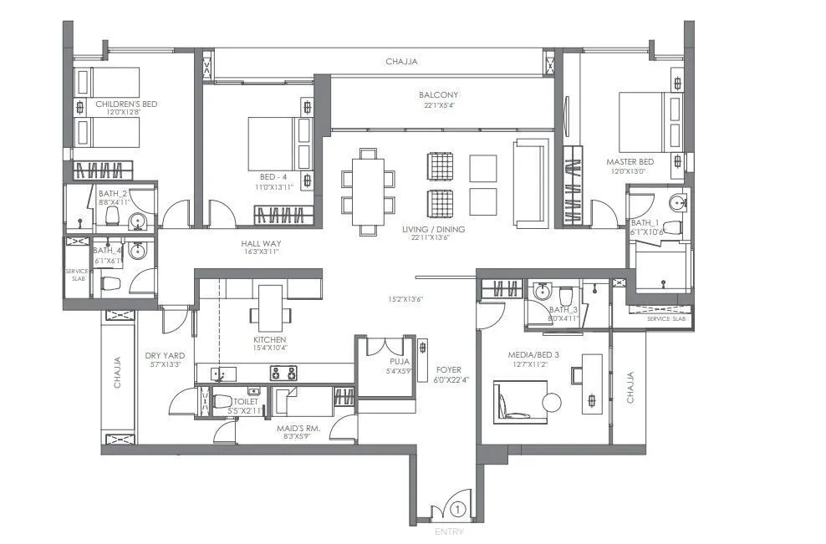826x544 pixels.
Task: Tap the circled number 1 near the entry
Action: [457, 507]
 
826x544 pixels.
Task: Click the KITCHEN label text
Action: [270, 340]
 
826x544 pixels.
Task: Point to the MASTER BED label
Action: [630, 161]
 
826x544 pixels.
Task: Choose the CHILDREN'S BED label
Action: [126, 104]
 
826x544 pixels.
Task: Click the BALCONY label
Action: [438, 95]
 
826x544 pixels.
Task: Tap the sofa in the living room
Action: [530, 183]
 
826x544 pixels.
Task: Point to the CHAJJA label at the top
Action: [401, 62]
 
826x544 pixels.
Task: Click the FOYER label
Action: [448, 369]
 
